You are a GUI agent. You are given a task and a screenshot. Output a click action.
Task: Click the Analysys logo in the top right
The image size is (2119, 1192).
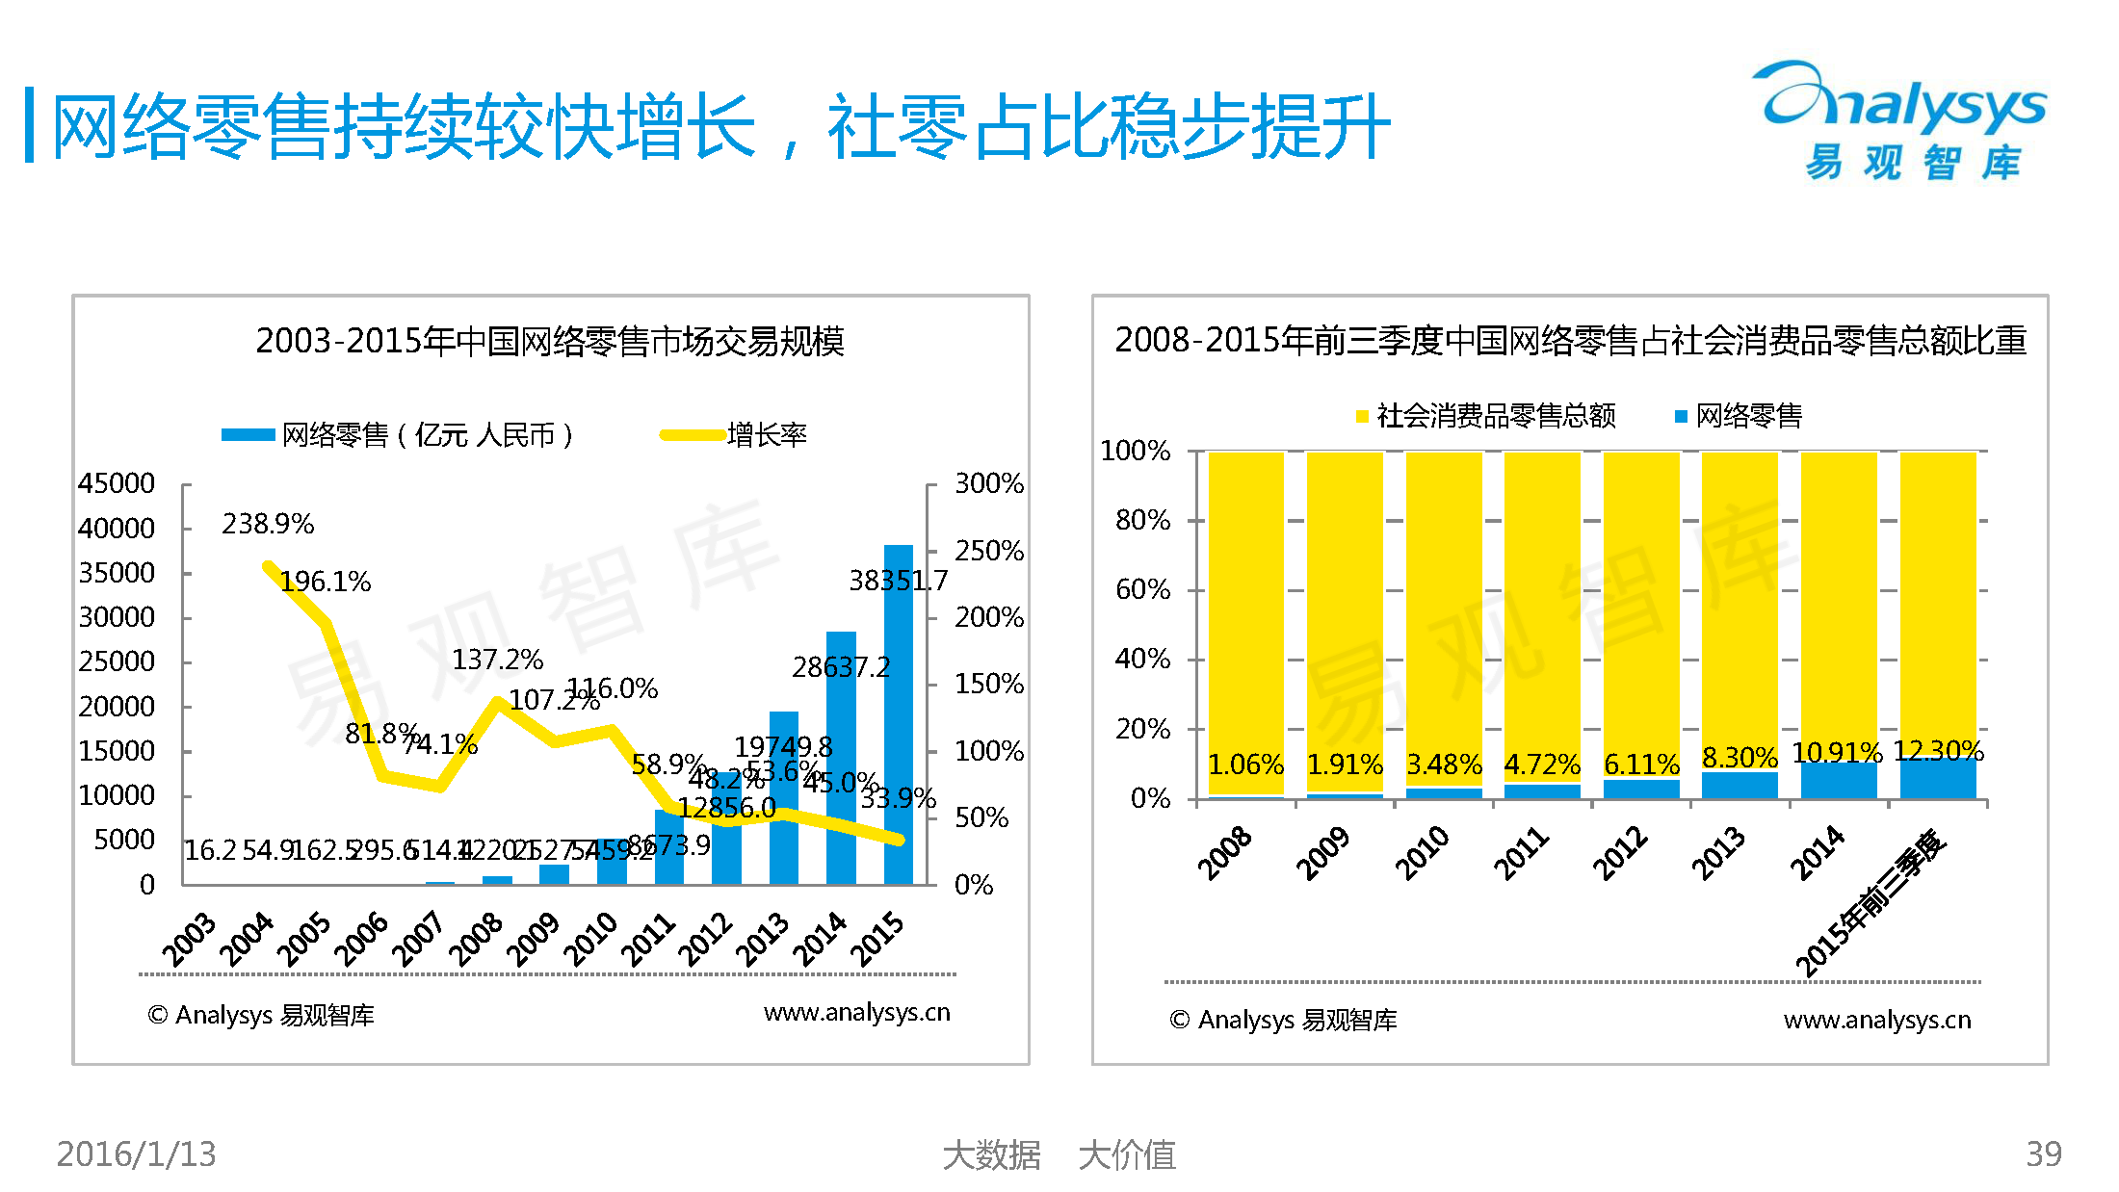tap(1902, 120)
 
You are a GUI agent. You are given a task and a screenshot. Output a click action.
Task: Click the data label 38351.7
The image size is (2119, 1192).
tap(898, 581)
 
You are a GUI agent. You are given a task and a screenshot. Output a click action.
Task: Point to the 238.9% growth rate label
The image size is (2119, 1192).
tap(268, 524)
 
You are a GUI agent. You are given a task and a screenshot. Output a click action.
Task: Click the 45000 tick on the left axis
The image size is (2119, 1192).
tap(117, 483)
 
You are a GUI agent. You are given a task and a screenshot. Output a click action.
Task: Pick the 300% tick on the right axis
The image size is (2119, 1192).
tap(988, 483)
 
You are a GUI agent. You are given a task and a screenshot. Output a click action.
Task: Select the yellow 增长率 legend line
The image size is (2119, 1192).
tap(693, 435)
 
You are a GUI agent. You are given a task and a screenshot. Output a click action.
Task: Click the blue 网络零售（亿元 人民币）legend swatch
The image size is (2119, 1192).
tap(248, 435)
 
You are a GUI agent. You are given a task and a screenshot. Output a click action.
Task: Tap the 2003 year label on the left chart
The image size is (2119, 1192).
tap(189, 939)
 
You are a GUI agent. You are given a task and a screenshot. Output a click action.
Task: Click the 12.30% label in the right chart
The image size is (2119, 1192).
tap(1938, 751)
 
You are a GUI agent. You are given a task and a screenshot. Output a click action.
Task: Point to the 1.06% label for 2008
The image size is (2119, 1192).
tap(1245, 765)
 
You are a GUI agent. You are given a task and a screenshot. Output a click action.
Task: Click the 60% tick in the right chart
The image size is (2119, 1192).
tap(1142, 589)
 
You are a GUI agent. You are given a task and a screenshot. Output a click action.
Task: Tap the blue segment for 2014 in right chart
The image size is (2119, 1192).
tap(1839, 781)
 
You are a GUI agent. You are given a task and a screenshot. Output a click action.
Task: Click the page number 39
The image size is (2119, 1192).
tap(2044, 1153)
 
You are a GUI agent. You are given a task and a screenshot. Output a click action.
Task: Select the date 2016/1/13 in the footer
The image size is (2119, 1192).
tap(137, 1153)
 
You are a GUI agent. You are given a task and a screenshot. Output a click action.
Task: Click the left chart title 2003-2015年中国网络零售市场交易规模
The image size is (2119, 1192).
tap(550, 341)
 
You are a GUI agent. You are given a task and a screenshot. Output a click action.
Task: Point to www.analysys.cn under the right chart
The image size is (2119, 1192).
tap(1877, 1020)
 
